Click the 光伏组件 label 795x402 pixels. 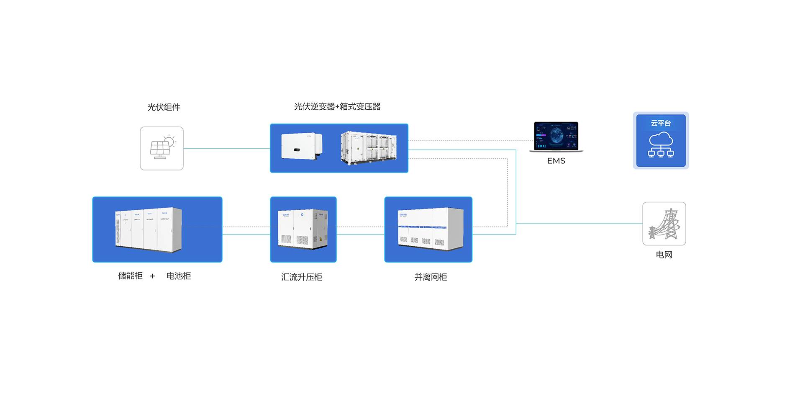tap(164, 107)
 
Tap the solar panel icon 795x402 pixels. tap(162, 148)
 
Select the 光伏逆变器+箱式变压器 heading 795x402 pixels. tap(337, 107)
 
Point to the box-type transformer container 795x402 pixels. tap(369, 147)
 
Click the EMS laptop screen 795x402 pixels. tap(556, 135)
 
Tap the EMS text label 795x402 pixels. tap(556, 161)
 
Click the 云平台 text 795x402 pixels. tap(661, 123)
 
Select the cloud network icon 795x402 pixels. tap(661, 145)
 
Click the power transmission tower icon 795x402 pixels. tap(664, 224)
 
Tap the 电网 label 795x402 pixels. tap(664, 255)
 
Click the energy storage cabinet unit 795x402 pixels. tap(149, 230)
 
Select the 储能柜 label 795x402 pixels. tap(130, 276)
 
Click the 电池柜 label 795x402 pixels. tap(179, 276)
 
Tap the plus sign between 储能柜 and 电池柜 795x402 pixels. tap(152, 276)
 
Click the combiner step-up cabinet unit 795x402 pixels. tap(303, 229)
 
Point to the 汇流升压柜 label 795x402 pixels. tap(302, 277)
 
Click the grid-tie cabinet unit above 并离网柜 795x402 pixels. tap(431, 229)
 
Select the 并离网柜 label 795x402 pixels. tap(431, 277)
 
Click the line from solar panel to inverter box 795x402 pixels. tap(227, 148)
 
